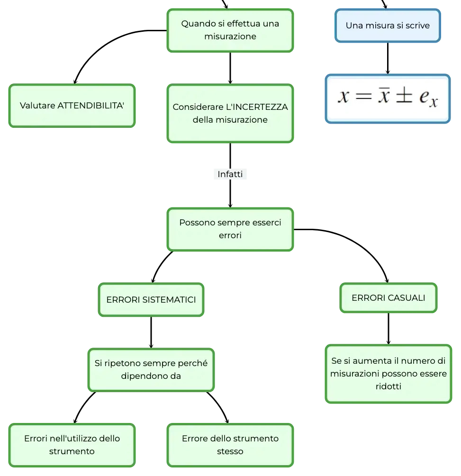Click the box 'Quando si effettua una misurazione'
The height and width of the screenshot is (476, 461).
pyautogui.click(x=230, y=30)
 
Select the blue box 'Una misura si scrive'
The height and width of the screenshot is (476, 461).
pyautogui.click(x=388, y=26)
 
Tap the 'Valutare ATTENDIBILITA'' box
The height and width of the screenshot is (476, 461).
pyautogui.click(x=72, y=106)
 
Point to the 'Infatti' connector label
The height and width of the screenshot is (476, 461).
pyautogui.click(x=230, y=174)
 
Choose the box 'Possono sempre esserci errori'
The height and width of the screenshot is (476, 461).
pyautogui.click(x=230, y=229)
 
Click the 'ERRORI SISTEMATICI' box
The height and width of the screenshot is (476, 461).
pyautogui.click(x=151, y=300)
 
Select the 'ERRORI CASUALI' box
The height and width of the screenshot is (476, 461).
pyautogui.click(x=389, y=298)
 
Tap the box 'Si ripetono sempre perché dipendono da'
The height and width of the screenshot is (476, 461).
pyautogui.click(x=151, y=370)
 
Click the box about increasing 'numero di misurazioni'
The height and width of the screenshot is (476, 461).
pyautogui.click(x=389, y=374)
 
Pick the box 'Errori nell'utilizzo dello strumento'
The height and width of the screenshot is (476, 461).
pyautogui.click(x=72, y=445)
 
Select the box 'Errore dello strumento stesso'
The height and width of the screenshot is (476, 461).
pyautogui.click(x=230, y=445)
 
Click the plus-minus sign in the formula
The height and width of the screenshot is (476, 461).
pyautogui.click(x=404, y=96)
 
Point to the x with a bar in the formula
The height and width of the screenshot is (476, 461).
pyautogui.click(x=384, y=95)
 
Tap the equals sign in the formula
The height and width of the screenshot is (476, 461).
pyautogui.click(x=363, y=97)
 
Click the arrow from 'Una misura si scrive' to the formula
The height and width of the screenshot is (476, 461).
pyautogui.click(x=388, y=58)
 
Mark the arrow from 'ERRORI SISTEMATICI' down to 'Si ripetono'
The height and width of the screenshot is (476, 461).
pyautogui.click(x=151, y=332)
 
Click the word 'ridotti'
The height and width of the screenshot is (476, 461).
pyautogui.click(x=389, y=386)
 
